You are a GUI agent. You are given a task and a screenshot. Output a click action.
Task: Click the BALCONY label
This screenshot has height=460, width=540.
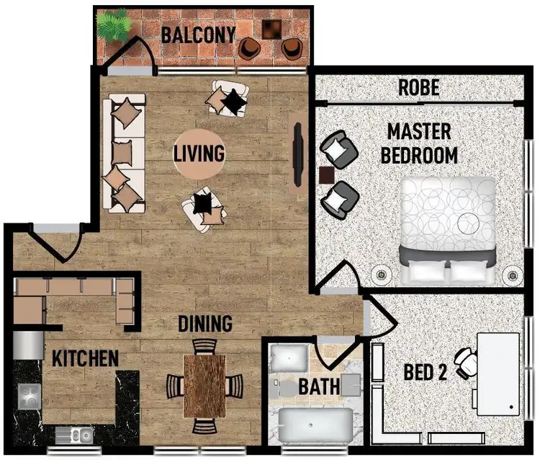(198, 34)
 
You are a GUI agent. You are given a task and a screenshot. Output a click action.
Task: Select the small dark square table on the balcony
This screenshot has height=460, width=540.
(272, 29)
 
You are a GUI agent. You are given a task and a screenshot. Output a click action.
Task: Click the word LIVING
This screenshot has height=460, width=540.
(199, 154)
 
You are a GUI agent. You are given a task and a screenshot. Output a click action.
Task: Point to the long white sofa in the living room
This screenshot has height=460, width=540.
(124, 154)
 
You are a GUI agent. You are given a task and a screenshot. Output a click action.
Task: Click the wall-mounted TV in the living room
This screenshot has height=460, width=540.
(297, 155)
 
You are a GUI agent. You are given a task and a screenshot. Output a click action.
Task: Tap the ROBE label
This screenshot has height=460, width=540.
(419, 88)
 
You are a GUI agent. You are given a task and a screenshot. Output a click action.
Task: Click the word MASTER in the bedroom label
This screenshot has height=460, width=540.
(419, 132)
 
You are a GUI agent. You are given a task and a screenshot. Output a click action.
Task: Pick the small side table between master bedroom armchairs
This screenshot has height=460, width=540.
(326, 175)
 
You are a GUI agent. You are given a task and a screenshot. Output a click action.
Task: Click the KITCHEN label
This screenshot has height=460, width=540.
(85, 358)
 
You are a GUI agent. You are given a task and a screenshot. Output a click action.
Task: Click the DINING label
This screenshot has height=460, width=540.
(205, 324)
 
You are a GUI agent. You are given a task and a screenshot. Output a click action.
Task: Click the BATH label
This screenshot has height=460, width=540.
(318, 386)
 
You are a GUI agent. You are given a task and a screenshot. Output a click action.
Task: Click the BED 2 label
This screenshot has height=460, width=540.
(426, 373)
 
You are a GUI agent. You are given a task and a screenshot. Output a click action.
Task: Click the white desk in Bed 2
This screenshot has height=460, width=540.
(498, 373)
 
